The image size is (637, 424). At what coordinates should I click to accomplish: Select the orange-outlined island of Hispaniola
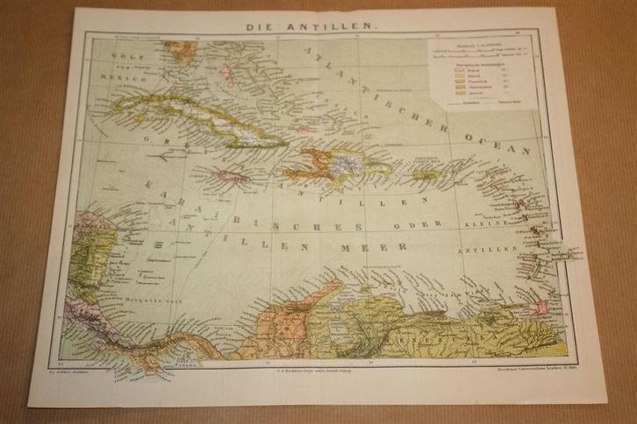[338, 164]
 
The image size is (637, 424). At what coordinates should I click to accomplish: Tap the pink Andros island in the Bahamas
[225, 71]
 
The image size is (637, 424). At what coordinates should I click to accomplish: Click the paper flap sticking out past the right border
[575, 253]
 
